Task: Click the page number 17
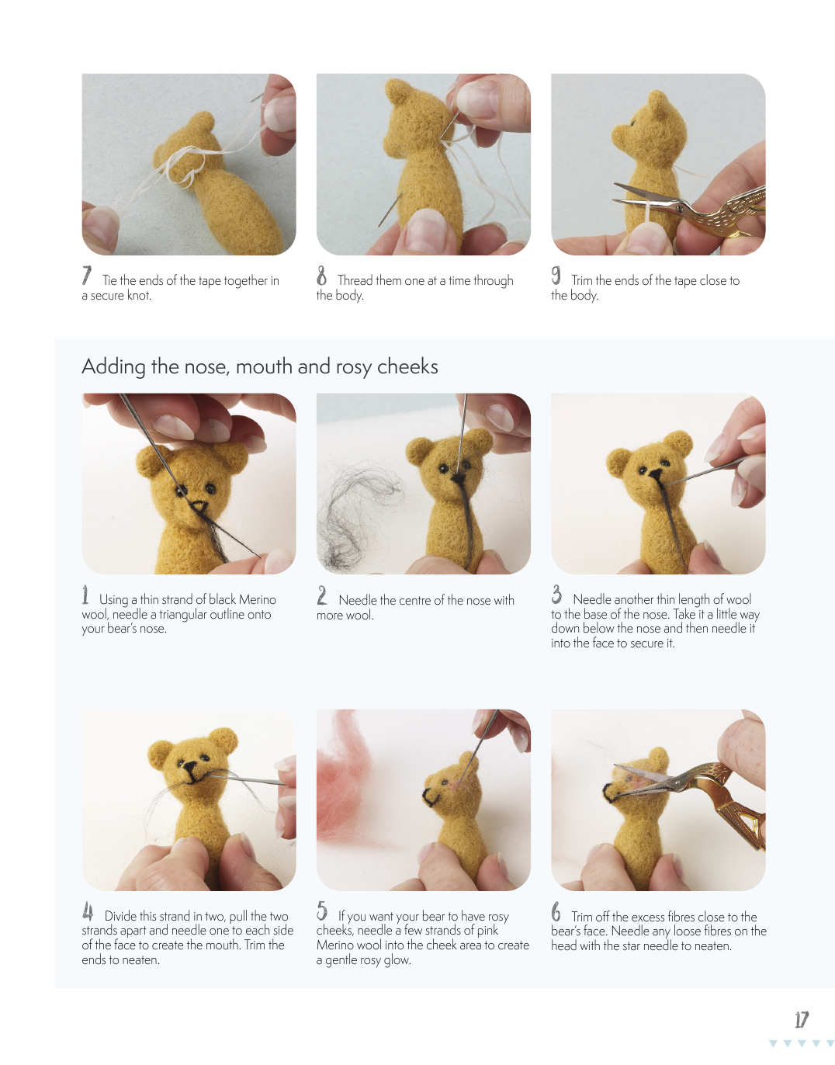[802, 1019]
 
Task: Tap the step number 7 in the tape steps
[87, 275]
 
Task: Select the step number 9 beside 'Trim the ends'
[556, 275]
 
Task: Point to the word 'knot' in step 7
[139, 295]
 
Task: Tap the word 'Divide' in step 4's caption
[121, 916]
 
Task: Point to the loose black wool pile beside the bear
[355, 515]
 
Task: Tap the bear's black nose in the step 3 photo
[655, 474]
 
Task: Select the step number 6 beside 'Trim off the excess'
[556, 911]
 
